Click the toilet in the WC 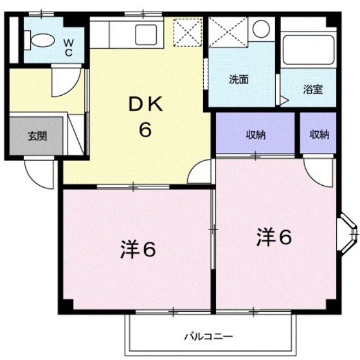[42, 40]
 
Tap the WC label [67, 47]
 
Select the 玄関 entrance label [36, 136]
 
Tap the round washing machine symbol [260, 30]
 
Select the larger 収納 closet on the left [256, 134]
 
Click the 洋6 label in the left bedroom [137, 249]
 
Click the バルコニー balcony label [208, 336]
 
